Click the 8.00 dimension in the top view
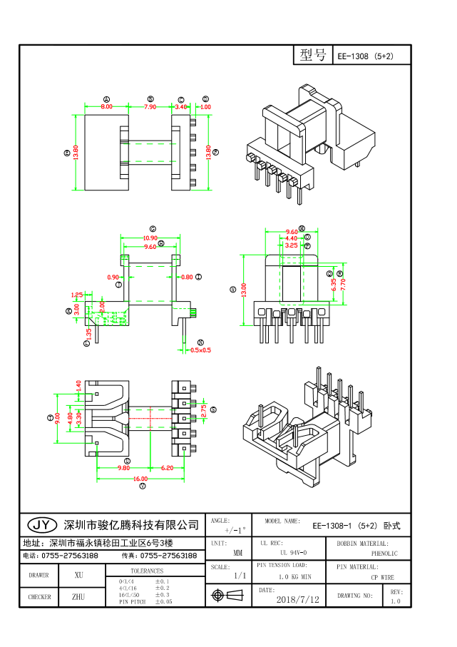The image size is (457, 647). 106,106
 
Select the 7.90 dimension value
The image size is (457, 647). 150,106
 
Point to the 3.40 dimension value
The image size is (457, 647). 181,106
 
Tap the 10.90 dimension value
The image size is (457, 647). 150,238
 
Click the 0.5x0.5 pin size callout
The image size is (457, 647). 200,350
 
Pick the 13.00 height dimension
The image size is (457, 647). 243,290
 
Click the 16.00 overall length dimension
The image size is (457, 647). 142,479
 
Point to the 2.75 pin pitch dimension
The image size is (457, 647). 203,411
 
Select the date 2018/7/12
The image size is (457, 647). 297,600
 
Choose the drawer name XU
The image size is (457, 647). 79,575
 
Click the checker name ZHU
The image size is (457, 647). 79,596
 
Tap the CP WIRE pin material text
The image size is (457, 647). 382,577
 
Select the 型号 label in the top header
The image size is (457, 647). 312,56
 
